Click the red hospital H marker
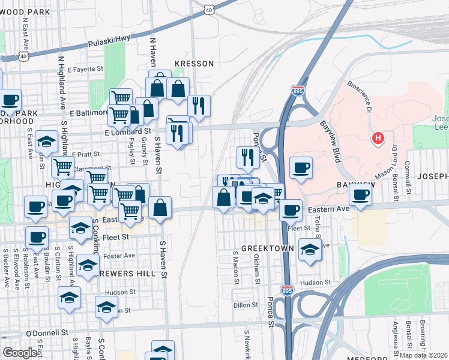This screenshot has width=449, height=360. point(378,139)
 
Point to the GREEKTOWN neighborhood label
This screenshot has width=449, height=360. point(267,248)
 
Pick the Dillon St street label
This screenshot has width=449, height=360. point(246,305)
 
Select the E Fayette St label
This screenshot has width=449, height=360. point(86,70)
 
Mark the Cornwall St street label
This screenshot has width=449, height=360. point(407,173)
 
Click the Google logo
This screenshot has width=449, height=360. point(19,353)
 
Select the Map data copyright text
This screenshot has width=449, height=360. point(424,355)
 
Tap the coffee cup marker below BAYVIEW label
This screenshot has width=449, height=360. point(360,195)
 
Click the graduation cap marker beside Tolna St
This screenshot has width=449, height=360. point(310,249)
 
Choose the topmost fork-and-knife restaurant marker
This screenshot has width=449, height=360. point(199,106)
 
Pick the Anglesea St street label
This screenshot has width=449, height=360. point(395,338)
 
